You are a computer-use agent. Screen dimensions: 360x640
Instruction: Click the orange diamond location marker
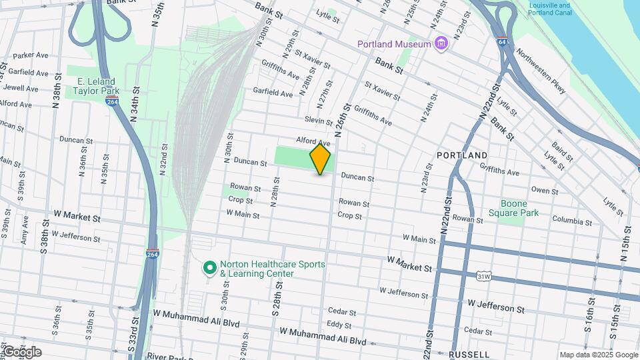(321, 159)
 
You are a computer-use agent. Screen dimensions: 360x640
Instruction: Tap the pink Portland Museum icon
(440, 44)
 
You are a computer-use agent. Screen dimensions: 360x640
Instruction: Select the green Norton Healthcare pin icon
(209, 268)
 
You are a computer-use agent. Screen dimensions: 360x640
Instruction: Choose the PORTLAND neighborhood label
(462, 155)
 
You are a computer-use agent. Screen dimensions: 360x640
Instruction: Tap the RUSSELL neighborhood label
(470, 354)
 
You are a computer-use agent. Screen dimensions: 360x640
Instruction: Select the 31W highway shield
(483, 276)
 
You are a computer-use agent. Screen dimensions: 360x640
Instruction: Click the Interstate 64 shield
(502, 41)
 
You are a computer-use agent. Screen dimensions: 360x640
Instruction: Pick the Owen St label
(545, 191)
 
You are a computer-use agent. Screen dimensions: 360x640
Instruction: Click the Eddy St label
(339, 325)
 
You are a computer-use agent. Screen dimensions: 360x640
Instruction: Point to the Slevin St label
(319, 121)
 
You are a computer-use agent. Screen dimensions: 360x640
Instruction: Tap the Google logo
(22, 352)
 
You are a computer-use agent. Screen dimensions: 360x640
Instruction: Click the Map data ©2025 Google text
(599, 355)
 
